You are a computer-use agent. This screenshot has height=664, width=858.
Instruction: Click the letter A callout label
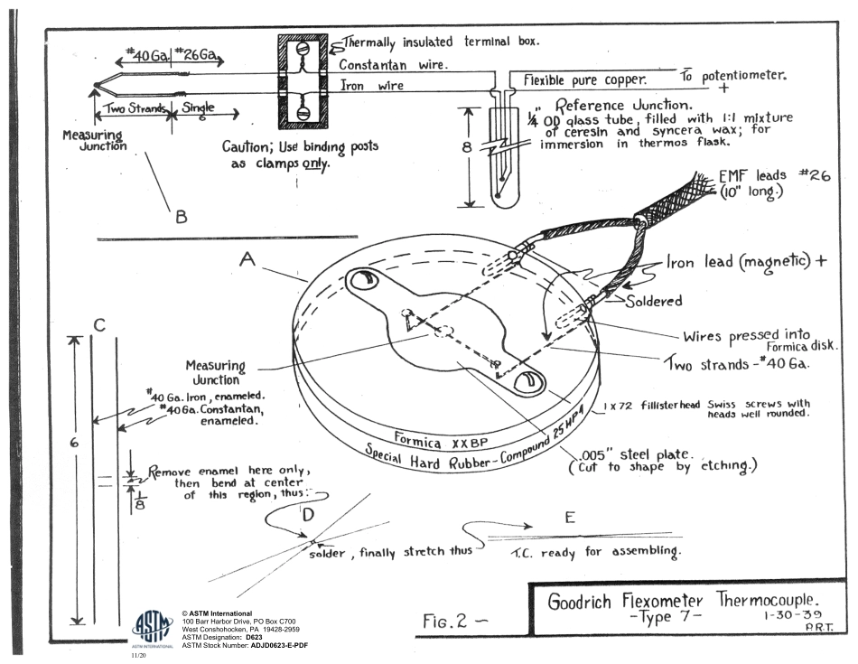[x=246, y=259]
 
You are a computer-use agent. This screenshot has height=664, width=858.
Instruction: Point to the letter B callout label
[x=181, y=216]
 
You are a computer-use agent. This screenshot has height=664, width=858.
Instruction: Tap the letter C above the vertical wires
[x=101, y=325]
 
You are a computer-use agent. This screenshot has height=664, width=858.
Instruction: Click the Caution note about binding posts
[x=300, y=154]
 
